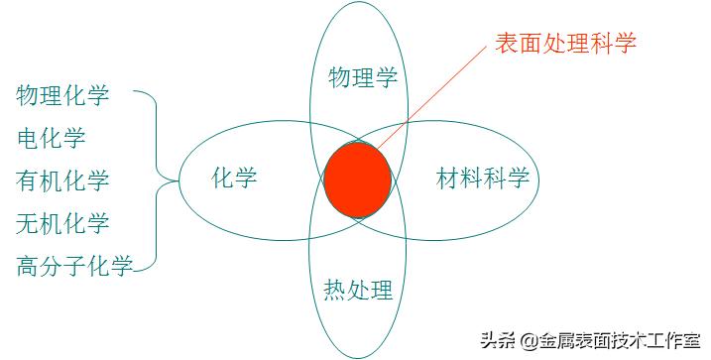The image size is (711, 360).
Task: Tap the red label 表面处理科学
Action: (x=565, y=43)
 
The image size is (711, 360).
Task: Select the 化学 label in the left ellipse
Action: (x=234, y=179)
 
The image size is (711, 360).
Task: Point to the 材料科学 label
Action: (x=483, y=180)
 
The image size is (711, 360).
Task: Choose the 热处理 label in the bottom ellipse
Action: (x=359, y=291)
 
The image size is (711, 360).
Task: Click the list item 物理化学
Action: (x=62, y=95)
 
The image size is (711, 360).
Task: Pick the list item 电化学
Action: (x=52, y=138)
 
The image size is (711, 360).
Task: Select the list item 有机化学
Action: (x=62, y=180)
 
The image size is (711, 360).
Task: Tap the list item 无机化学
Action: (x=62, y=223)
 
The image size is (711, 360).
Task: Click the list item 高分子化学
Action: (x=74, y=266)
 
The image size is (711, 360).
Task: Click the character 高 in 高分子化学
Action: (x=27, y=266)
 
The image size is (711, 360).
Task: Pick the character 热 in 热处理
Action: (x=336, y=291)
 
